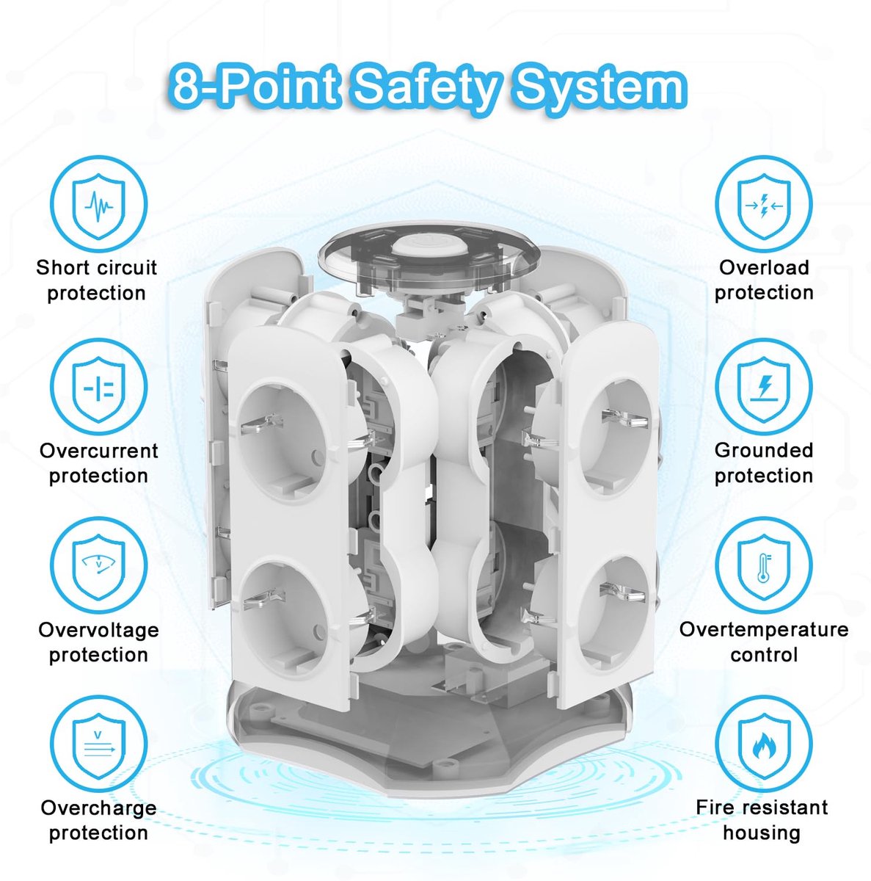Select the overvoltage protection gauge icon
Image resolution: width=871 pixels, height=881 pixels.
point(99,566)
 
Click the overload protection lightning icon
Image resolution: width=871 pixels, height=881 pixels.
point(764,206)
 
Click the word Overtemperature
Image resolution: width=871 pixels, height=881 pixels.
point(763,629)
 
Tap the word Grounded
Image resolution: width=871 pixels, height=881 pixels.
point(764,450)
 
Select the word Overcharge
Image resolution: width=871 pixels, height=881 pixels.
point(99,808)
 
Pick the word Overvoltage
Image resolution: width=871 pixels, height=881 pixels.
point(99,629)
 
